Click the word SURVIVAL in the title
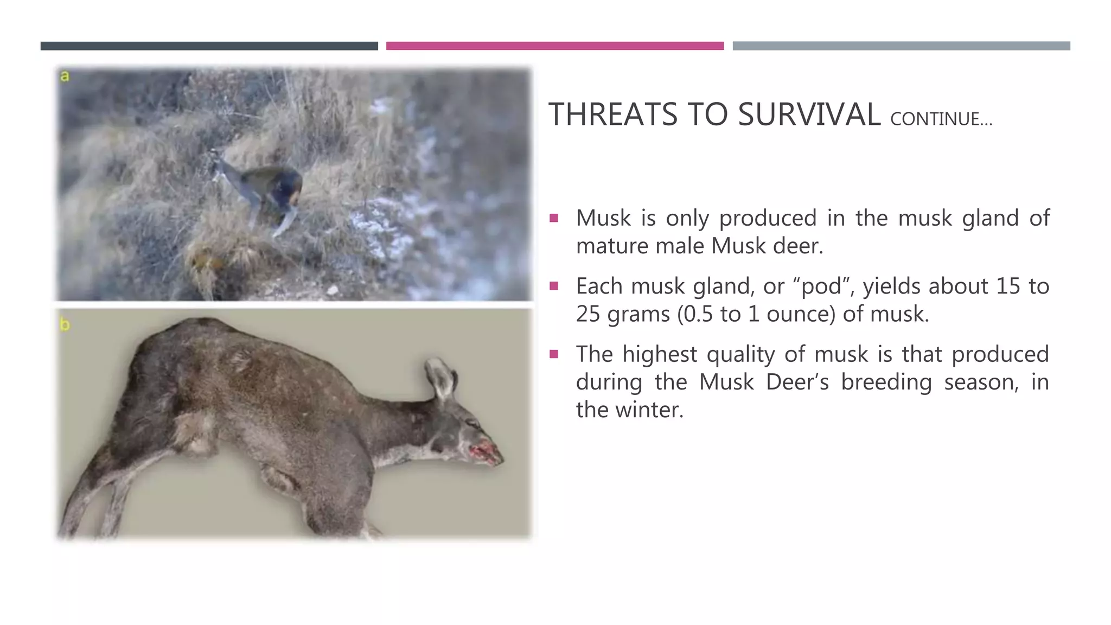click(x=809, y=115)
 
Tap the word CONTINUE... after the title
click(x=941, y=119)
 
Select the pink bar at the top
click(x=554, y=46)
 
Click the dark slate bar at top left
click(x=209, y=46)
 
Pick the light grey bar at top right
click(x=901, y=46)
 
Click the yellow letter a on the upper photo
click(x=65, y=76)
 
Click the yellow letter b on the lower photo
click(x=65, y=324)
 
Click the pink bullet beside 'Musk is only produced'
click(x=554, y=219)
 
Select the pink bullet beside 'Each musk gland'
click(x=554, y=286)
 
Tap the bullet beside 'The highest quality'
click(x=554, y=355)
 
